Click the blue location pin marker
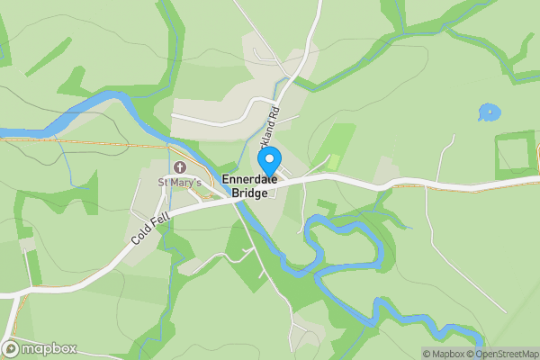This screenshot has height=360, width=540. coord(268,163)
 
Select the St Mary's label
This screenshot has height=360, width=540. coord(180,184)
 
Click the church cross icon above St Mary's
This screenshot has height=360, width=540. coord(180,168)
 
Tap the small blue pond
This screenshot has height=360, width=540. coord(489,112)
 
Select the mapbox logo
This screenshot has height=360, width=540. coord(40,348)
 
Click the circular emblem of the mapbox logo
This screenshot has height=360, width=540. coord(11,348)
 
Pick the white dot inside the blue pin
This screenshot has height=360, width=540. coord(268,159)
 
